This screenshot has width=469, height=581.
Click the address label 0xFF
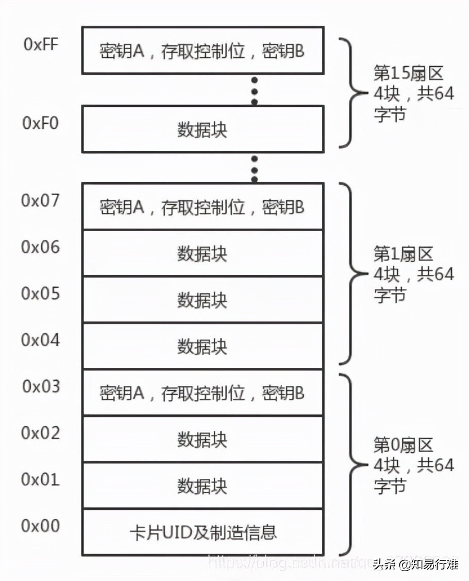tap(41, 44)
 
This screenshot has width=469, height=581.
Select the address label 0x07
tap(41, 200)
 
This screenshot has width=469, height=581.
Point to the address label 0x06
tap(41, 247)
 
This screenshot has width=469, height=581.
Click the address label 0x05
tap(41, 293)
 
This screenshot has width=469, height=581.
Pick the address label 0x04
tap(41, 340)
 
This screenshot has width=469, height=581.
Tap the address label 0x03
tap(41, 386)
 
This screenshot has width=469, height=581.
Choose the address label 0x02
tap(41, 432)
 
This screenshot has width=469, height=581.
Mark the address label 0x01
tap(41, 479)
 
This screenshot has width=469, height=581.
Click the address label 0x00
tap(41, 525)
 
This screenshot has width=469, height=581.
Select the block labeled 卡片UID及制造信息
tap(203, 532)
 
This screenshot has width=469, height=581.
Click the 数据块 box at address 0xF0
tap(203, 130)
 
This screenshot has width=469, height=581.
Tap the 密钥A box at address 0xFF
tap(203, 51)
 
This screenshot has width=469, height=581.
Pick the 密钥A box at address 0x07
tap(203, 207)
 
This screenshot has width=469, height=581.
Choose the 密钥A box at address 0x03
tap(203, 393)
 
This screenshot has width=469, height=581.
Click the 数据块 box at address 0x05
tap(203, 300)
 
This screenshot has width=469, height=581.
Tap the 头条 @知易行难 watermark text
tap(415, 564)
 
